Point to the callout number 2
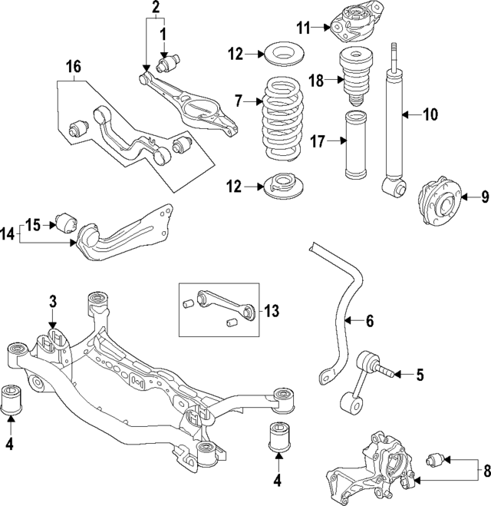[x=156, y=8]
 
